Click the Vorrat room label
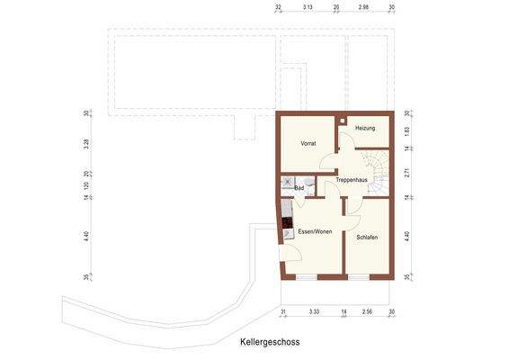308,143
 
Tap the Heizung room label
364,128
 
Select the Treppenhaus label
352,181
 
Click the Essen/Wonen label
315,231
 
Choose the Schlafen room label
366,238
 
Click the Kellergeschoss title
269,343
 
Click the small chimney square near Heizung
344,121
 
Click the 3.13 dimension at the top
308,6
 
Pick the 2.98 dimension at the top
363,6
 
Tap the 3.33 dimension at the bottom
313,310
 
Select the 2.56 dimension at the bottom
367,310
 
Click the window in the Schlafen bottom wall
359,277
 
